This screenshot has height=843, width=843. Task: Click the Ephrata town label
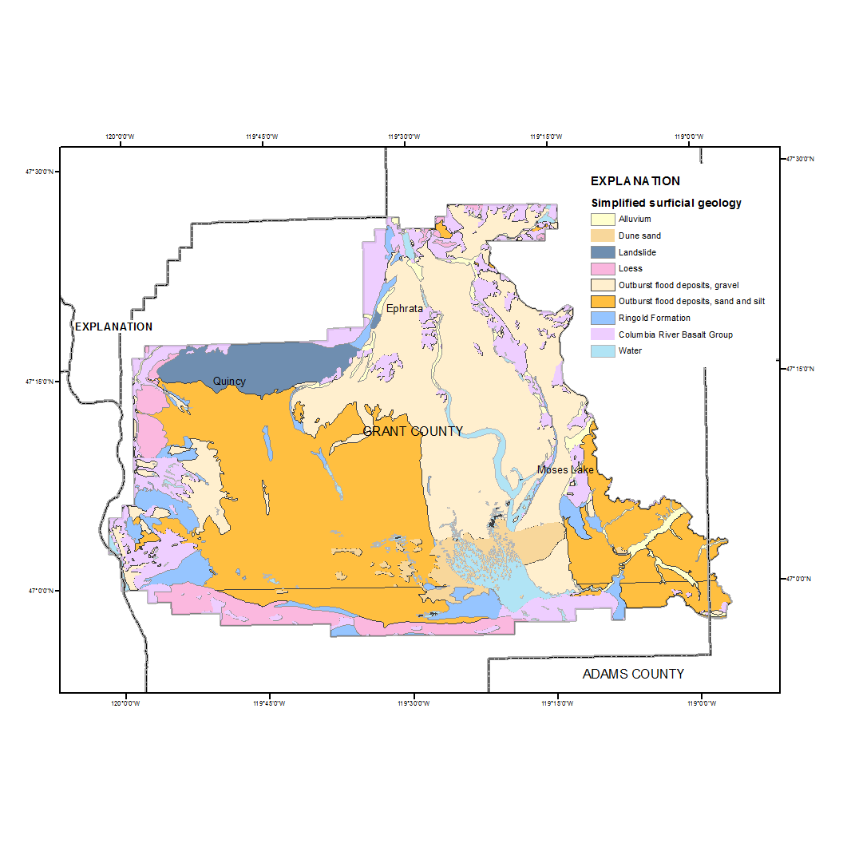[404, 309]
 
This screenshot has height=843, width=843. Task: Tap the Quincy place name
[229, 382]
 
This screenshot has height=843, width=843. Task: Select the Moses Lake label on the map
[565, 469]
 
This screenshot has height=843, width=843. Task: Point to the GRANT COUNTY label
[413, 431]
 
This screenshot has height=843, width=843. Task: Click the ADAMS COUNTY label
[633, 674]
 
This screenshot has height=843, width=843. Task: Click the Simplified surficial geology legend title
[666, 203]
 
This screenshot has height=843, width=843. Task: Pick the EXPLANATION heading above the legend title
[635, 181]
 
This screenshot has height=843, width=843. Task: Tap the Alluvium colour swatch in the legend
[603, 219]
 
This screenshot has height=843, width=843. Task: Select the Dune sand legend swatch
[603, 235]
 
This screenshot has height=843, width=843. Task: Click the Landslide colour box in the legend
[603, 252]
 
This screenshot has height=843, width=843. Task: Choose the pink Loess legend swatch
[603, 268]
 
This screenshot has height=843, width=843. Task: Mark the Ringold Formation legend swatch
[603, 318]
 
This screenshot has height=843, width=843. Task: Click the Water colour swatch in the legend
[603, 350]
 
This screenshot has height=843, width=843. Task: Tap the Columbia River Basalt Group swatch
[603, 334]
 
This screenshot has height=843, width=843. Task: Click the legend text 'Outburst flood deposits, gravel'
[683, 285]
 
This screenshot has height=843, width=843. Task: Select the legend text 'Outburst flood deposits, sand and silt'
[692, 301]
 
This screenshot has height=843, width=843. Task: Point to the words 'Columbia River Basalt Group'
[675, 334]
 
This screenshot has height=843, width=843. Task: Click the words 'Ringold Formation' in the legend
[654, 318]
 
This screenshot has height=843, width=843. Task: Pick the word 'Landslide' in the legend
[637, 252]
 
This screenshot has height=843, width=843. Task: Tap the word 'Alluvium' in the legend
[635, 219]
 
